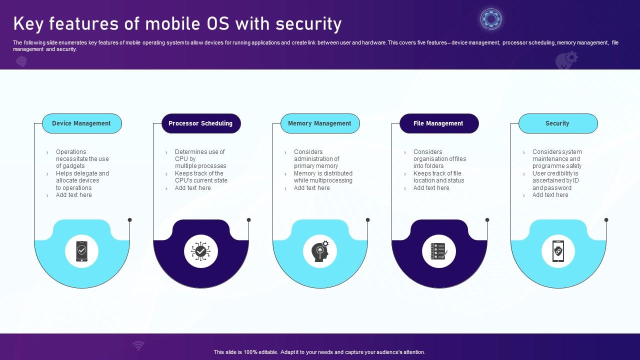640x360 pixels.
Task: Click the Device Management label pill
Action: (81, 123)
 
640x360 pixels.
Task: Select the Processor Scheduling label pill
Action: (200, 123)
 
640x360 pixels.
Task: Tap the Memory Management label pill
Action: (319, 123)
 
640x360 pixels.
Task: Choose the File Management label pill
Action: (438, 123)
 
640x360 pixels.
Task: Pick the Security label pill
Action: (557, 123)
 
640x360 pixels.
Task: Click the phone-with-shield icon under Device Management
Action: (81, 251)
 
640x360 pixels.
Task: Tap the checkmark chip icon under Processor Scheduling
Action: (200, 251)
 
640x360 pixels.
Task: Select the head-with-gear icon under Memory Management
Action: (320, 251)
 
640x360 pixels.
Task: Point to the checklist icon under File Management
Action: (439, 251)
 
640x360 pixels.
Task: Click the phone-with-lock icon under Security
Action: (558, 251)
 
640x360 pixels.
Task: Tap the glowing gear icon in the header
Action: (491, 19)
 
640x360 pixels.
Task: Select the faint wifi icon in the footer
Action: (138, 345)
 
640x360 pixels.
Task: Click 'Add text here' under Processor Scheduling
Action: (193, 188)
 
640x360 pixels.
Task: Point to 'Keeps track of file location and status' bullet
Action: (438, 177)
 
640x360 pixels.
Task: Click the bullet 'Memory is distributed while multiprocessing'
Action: (323, 177)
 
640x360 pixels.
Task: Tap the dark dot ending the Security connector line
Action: (606, 220)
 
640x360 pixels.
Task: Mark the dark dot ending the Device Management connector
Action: (130, 220)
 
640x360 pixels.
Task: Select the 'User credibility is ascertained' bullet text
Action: (555, 180)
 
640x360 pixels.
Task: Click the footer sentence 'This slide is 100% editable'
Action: (319, 352)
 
